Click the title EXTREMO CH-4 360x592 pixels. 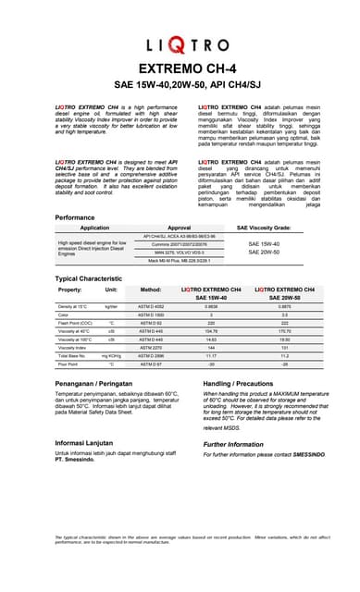[x=180, y=68]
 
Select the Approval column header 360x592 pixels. [x=180, y=227]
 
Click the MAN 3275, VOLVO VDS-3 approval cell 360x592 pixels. [x=180, y=252]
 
